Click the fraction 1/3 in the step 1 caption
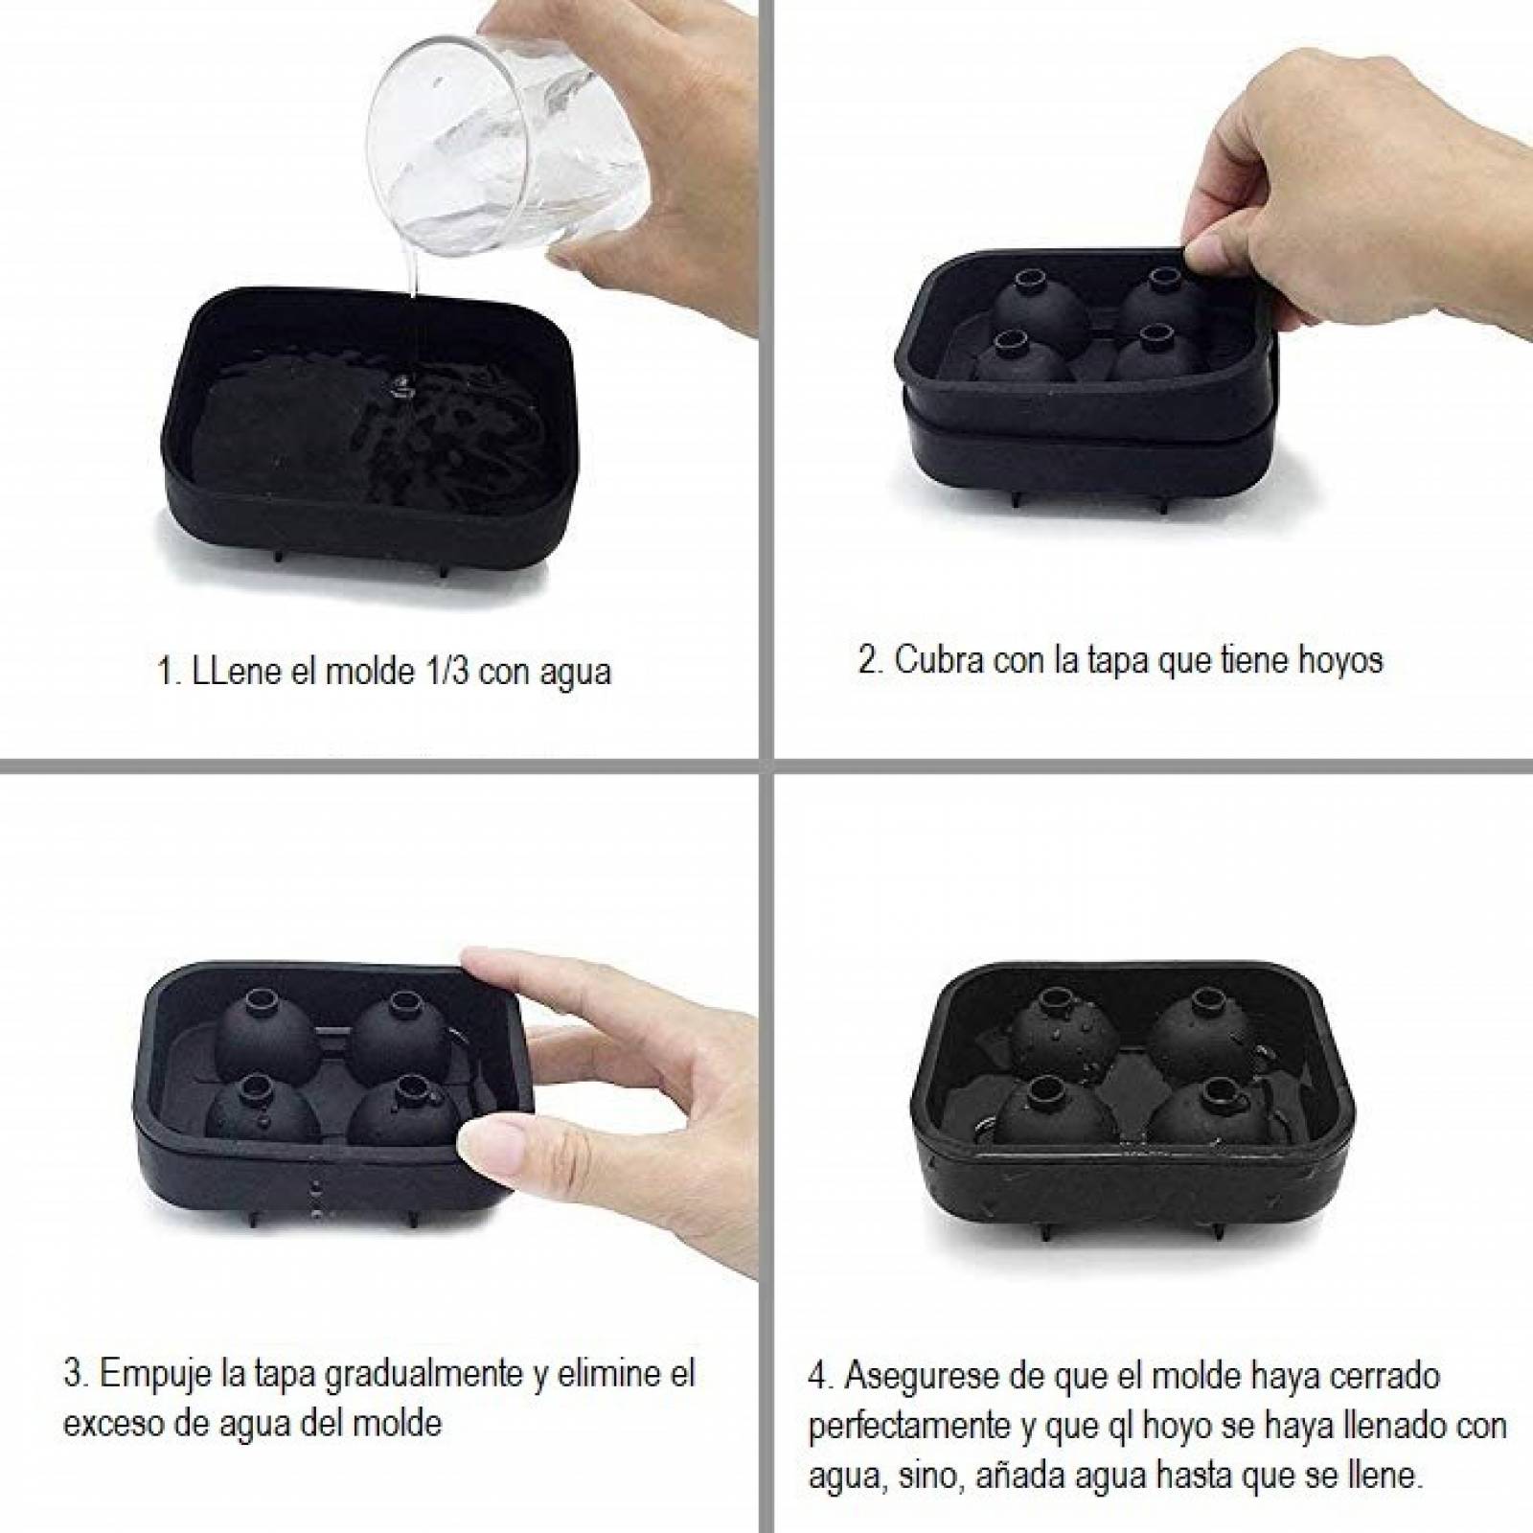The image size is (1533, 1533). tap(436, 670)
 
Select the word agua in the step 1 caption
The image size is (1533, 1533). tap(572, 674)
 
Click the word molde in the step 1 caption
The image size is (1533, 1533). tap(363, 670)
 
